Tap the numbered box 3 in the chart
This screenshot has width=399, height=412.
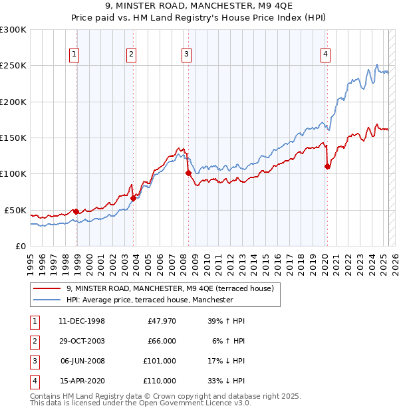click(x=187, y=54)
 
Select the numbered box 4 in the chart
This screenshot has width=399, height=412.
click(x=326, y=54)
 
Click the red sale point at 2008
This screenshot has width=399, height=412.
click(x=188, y=173)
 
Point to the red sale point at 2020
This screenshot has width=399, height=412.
click(x=327, y=167)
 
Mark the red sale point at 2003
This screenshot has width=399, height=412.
click(x=133, y=198)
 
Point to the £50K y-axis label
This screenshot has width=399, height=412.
click(x=15, y=210)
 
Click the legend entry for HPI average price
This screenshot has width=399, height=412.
click(x=149, y=300)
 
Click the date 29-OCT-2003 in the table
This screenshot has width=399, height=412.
click(x=82, y=340)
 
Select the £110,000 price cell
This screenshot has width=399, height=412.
click(x=160, y=381)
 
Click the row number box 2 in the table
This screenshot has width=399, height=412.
click(x=33, y=341)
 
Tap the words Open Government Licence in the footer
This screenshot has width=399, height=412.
click(x=199, y=403)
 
